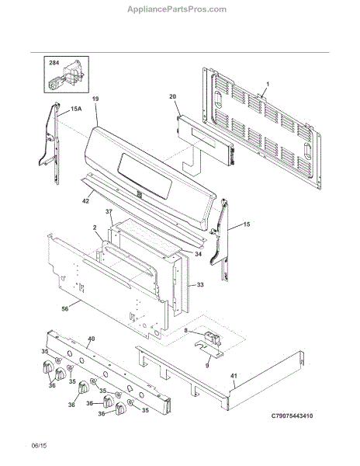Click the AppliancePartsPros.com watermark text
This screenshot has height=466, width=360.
[x=177, y=9]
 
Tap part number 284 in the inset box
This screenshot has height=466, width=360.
[x=54, y=63]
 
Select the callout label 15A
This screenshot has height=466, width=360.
[x=76, y=109]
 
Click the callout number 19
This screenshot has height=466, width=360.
[x=95, y=99]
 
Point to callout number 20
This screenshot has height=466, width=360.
[x=172, y=96]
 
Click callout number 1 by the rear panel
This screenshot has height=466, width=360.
[x=268, y=85]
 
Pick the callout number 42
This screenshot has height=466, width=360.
[x=85, y=201]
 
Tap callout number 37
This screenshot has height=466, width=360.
[x=109, y=211]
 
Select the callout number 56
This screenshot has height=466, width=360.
[x=65, y=309]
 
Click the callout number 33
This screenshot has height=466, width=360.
[x=200, y=285]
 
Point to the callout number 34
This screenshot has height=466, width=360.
[x=198, y=254]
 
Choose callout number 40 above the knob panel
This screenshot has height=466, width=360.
[x=92, y=339]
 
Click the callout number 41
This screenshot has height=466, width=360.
[x=234, y=376]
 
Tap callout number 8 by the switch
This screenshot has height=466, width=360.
[x=185, y=331]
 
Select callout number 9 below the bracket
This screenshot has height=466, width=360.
[x=207, y=366]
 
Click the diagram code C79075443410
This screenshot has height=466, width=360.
[x=292, y=416]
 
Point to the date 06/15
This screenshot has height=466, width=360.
[x=39, y=446]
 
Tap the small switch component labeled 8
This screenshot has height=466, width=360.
[x=213, y=338]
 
